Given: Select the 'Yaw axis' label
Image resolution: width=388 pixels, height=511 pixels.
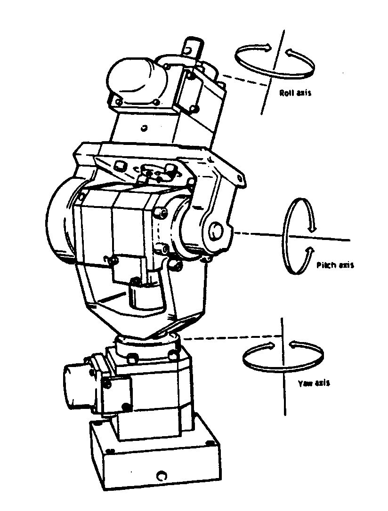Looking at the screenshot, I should point(314,383).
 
